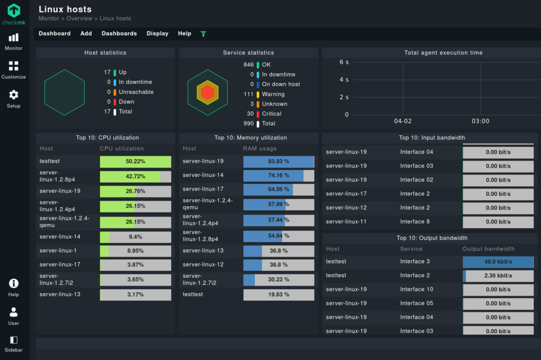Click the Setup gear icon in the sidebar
click(x=13, y=95)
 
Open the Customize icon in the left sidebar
click(x=13, y=66)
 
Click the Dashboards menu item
click(x=119, y=33)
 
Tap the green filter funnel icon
click(x=203, y=34)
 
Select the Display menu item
click(x=157, y=33)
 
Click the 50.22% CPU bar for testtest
click(x=135, y=162)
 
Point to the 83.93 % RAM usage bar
click(x=279, y=162)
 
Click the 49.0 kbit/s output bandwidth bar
click(x=498, y=262)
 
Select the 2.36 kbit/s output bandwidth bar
click(x=498, y=276)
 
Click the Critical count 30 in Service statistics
click(x=250, y=114)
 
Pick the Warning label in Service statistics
click(x=273, y=94)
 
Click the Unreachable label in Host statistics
click(x=136, y=92)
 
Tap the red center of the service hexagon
click(x=208, y=93)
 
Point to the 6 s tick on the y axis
click(x=344, y=62)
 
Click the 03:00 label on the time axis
click(x=480, y=121)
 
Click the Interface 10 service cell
click(x=416, y=290)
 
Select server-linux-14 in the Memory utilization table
click(x=203, y=176)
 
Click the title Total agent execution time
click(x=443, y=53)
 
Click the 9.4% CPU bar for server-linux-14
click(x=135, y=237)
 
